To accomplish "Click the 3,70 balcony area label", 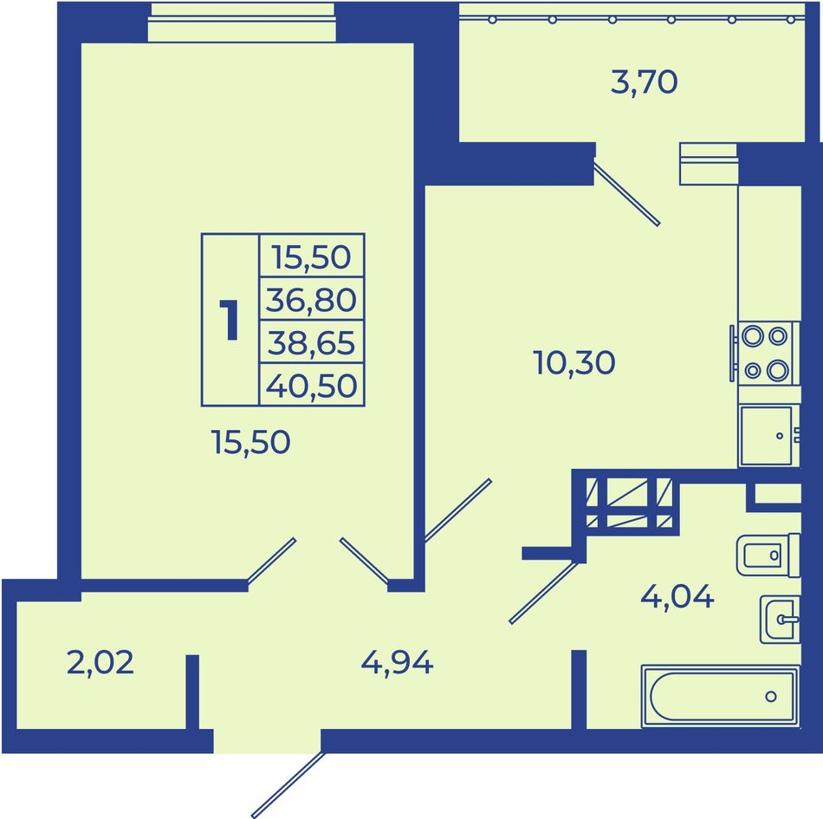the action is (644, 83).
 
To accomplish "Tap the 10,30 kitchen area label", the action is (574, 363).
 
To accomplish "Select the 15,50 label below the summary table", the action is (250, 441).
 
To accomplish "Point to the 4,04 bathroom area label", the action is (677, 597).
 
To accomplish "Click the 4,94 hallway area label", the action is (397, 663).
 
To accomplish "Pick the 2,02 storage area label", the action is (100, 662).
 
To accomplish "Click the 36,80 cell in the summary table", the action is (311, 300).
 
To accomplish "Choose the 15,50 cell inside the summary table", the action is (311, 257).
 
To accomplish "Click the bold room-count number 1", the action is (230, 320).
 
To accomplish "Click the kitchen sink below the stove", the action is (768, 436).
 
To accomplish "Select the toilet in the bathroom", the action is (768, 555).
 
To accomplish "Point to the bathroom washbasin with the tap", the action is (780, 620).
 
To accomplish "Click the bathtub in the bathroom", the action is (720, 697).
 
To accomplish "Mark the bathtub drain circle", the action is (771, 697).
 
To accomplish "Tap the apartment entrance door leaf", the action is (288, 784).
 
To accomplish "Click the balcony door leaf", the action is (626, 193).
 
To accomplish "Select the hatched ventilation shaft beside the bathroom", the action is (629, 503).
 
